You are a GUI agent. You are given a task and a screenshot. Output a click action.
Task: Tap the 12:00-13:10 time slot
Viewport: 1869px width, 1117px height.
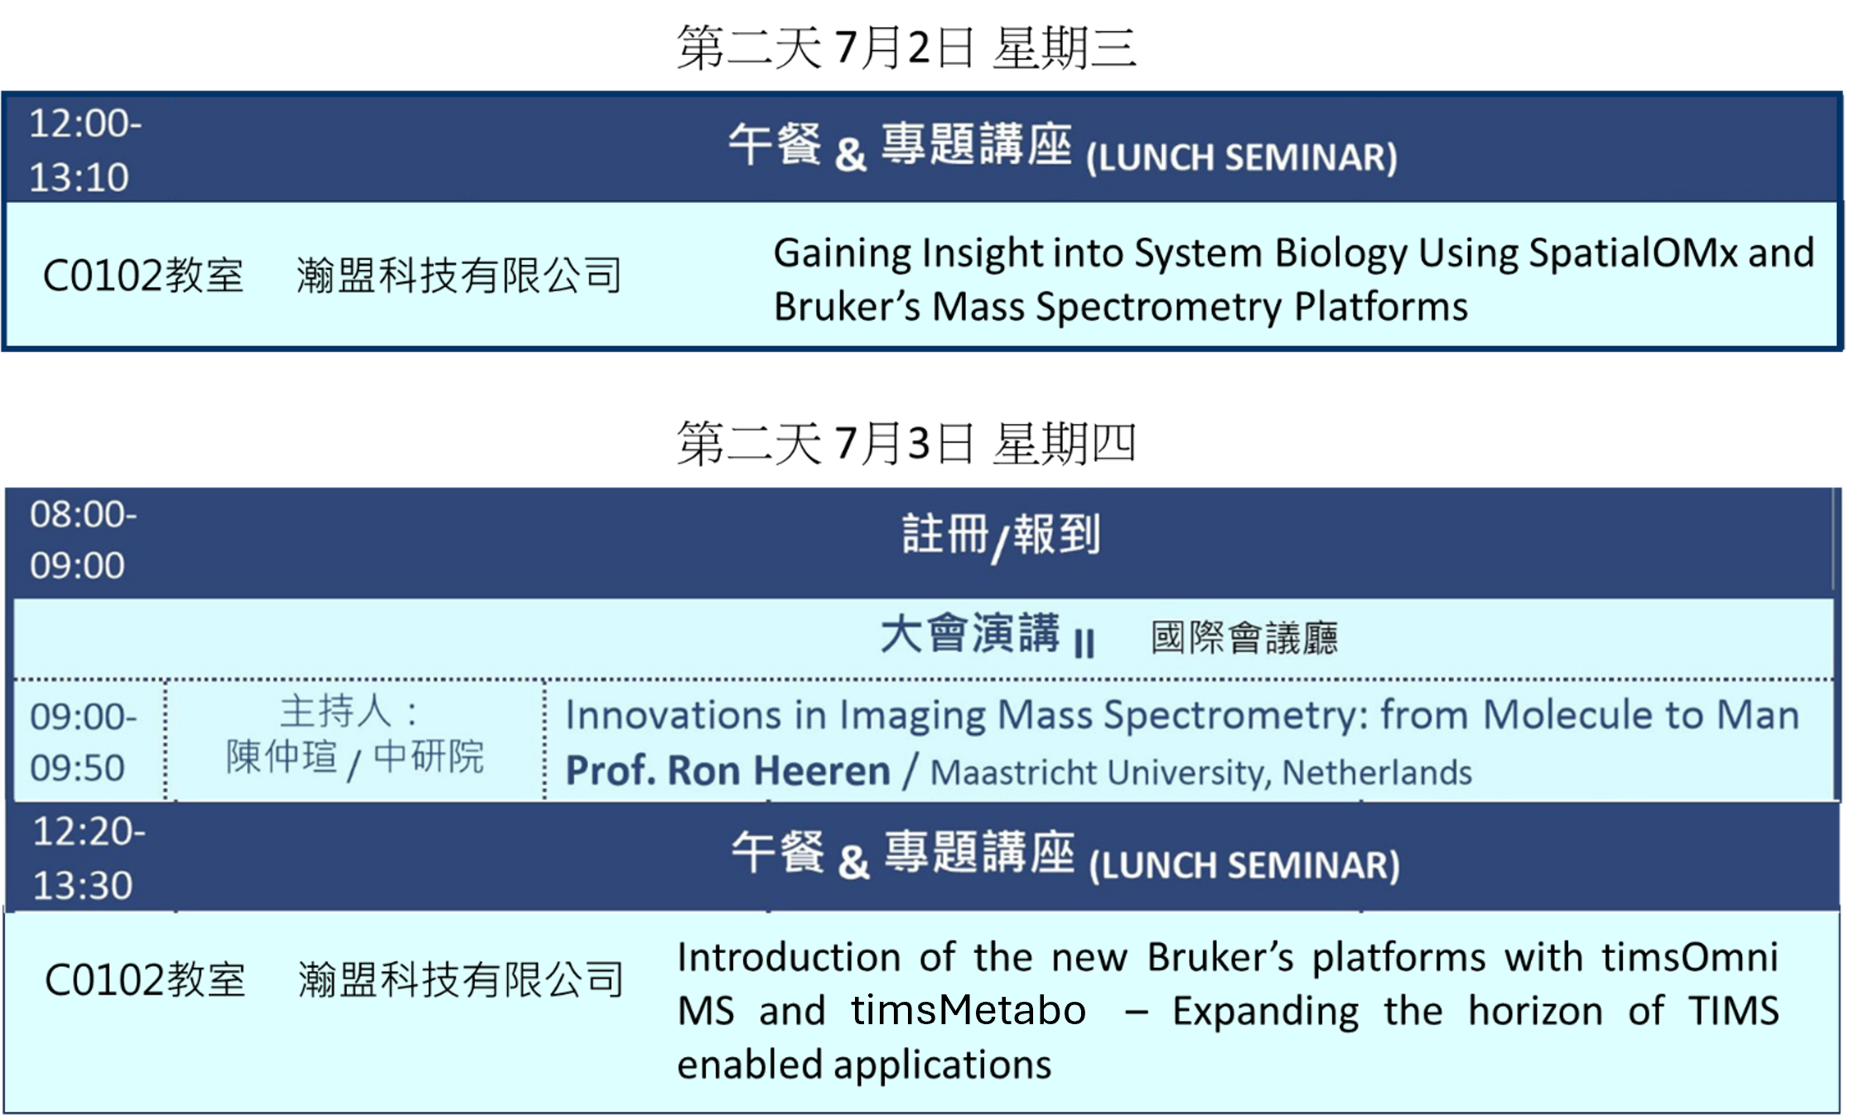(85, 150)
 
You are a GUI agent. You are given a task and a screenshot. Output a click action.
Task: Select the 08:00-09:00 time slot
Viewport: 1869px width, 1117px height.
(83, 539)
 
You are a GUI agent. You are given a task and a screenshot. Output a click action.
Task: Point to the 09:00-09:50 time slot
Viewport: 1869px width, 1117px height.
(83, 742)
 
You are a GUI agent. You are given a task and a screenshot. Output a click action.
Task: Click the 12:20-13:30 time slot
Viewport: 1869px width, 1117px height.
(89, 858)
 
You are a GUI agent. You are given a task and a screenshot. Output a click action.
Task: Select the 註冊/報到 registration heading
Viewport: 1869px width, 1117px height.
(1002, 536)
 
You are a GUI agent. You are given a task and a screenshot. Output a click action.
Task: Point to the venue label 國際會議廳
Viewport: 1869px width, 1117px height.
(1244, 637)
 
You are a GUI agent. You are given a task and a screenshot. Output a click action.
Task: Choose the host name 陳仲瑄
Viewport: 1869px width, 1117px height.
(282, 756)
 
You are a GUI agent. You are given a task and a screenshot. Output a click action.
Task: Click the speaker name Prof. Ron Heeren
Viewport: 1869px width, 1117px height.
(727, 771)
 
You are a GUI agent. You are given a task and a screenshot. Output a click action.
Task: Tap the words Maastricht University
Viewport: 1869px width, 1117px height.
(1099, 772)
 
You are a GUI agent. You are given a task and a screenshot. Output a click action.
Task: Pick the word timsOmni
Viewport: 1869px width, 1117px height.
(1689, 957)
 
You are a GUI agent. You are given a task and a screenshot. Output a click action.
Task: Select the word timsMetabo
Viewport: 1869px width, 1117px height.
(968, 1010)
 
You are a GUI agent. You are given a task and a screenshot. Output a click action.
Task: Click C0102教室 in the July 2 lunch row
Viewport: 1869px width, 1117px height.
(143, 275)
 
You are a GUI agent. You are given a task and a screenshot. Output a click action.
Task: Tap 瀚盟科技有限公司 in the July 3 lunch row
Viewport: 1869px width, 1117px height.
(461, 979)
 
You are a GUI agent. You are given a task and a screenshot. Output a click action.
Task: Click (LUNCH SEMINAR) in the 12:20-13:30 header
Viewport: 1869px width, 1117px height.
(1244, 866)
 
